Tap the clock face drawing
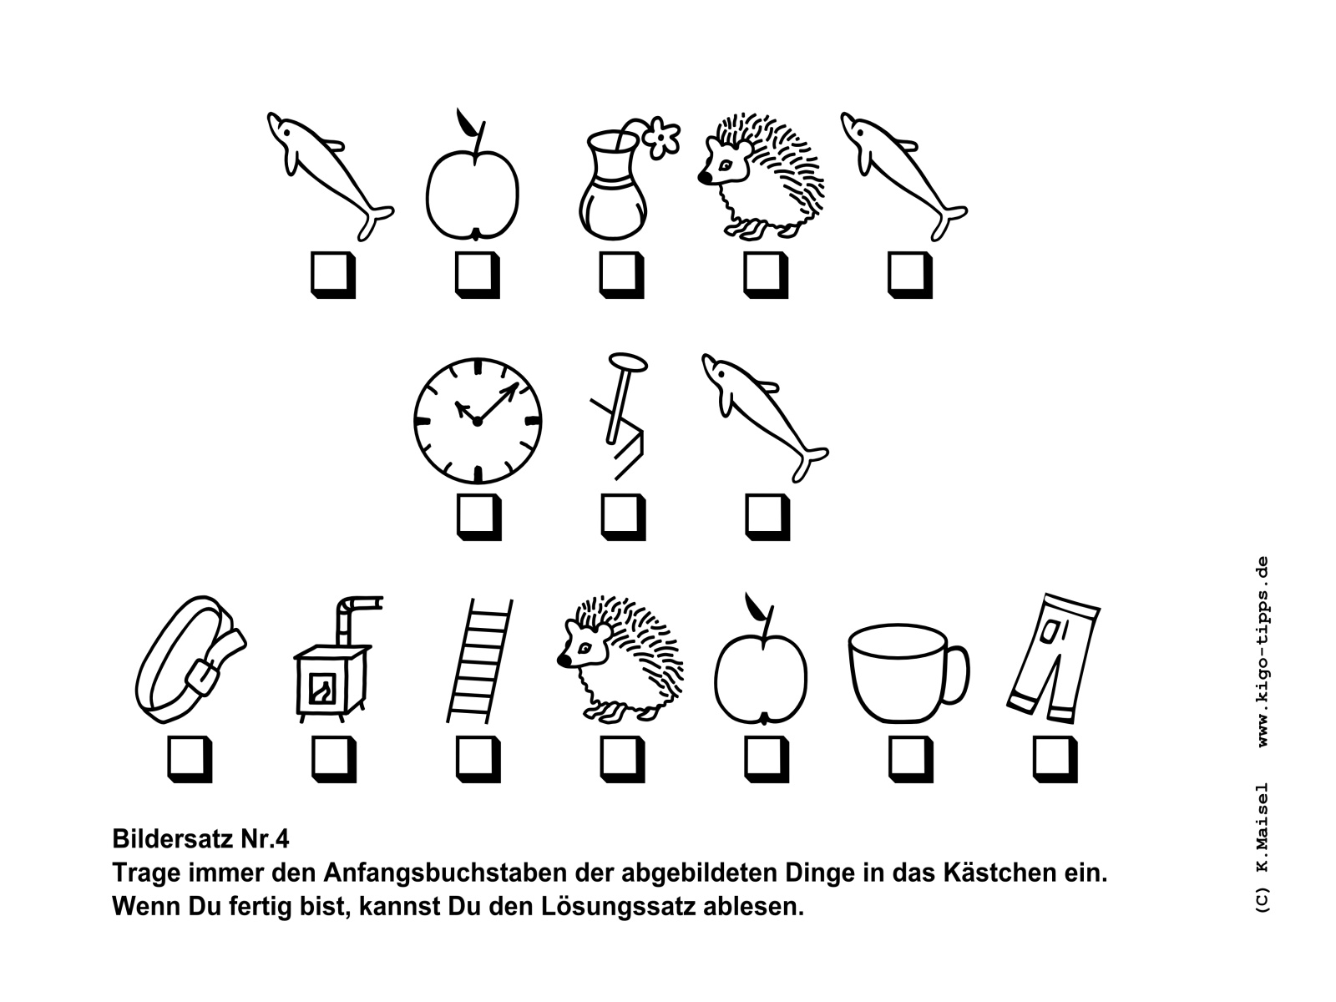coord(477,421)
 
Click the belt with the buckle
coord(190,660)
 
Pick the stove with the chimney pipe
coord(336,659)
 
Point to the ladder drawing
coord(479,660)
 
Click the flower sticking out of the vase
coord(661,137)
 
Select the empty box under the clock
coord(478,517)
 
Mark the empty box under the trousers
coord(1055,759)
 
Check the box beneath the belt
coord(190,759)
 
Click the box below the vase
coord(621,275)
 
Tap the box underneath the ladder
coord(478,759)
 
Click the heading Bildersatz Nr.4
coord(201,839)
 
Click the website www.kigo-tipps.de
coord(1263,652)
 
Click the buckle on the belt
coord(203,676)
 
